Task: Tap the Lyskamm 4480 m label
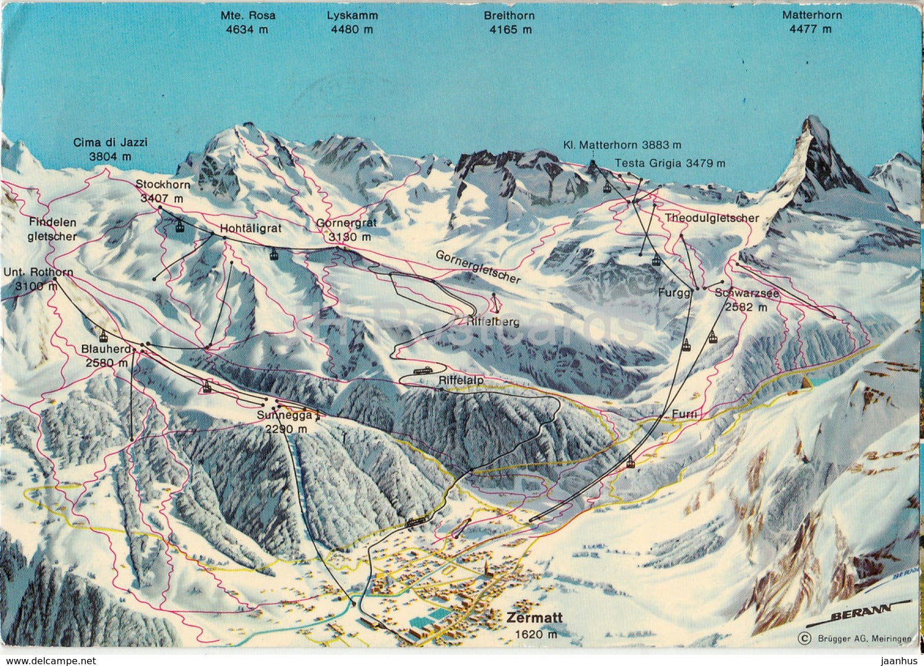[352, 22]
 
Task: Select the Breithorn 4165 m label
[510, 22]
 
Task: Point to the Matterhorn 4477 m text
[812, 22]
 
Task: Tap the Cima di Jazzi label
[110, 149]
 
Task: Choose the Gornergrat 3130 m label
[345, 230]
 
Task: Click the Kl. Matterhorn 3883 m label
[622, 144]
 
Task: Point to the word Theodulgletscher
[712, 218]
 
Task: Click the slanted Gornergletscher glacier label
[478, 267]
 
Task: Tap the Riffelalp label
[461, 381]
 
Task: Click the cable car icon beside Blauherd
[104, 336]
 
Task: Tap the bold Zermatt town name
[534, 618]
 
